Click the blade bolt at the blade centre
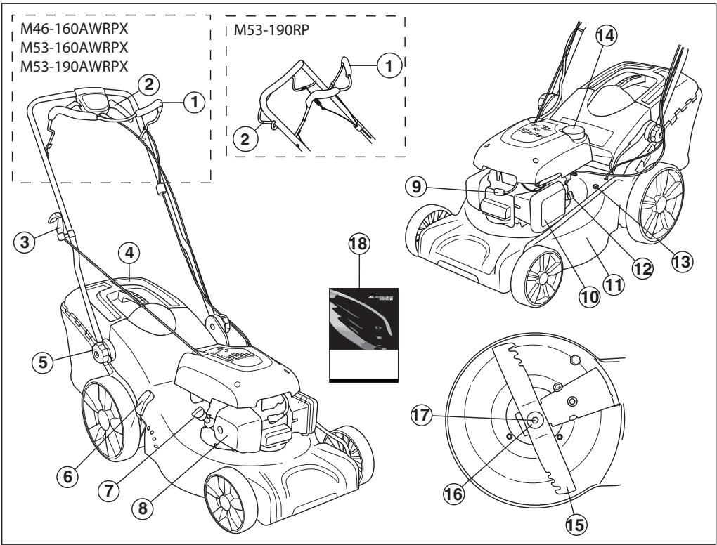tap(535, 419)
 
